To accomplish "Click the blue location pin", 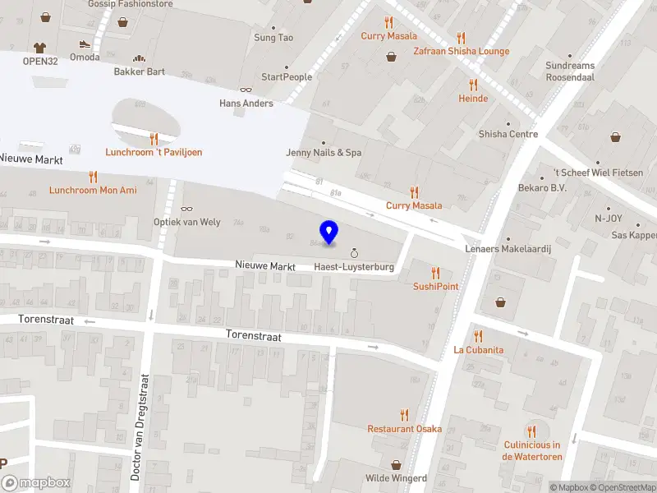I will click(x=329, y=232).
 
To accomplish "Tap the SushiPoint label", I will click(x=435, y=286).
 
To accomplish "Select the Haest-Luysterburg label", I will click(x=354, y=267).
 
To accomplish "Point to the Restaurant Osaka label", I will click(x=404, y=429).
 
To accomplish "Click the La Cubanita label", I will click(x=478, y=349).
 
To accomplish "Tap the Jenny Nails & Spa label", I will click(x=324, y=153).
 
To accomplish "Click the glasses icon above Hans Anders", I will click(x=246, y=90).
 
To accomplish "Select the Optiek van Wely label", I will click(x=187, y=222).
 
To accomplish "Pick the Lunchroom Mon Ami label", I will click(x=92, y=190).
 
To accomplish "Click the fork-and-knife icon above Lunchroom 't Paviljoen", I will click(x=154, y=139).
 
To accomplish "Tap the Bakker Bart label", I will click(x=139, y=71).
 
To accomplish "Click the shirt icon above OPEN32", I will click(x=39, y=47).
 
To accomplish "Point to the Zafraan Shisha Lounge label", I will click(x=462, y=51).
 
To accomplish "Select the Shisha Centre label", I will click(x=508, y=135).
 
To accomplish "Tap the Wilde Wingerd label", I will click(x=396, y=478).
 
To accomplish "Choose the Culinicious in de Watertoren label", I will click(x=531, y=450).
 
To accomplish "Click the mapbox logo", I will click(x=36, y=483).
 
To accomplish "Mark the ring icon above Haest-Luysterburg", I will click(x=354, y=254).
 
